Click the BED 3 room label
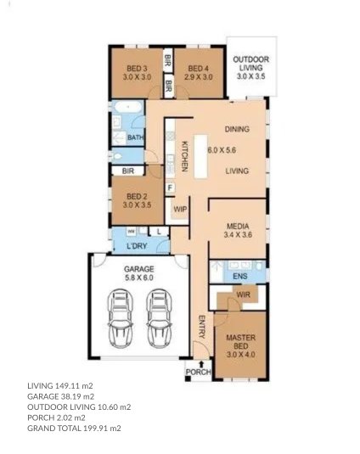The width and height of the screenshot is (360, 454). [137, 69]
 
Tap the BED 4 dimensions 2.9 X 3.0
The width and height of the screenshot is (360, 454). [199, 77]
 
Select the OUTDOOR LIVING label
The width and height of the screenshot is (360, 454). [251, 64]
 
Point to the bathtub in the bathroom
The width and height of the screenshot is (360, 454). [128, 108]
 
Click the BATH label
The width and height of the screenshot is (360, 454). [136, 137]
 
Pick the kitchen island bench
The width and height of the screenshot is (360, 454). [200, 156]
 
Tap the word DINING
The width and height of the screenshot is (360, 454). [237, 129]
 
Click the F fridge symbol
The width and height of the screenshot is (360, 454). [170, 188]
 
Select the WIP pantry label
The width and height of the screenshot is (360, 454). [180, 209]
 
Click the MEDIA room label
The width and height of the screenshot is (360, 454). [238, 226]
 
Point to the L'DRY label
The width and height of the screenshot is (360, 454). [137, 246]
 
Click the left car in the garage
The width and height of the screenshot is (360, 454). [121, 318]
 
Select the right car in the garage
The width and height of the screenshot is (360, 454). [159, 318]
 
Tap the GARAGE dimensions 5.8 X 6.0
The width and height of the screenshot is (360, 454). [139, 277]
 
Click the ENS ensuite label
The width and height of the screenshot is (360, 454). [240, 277]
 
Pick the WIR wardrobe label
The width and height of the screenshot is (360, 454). [243, 294]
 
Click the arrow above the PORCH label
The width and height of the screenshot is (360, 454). [201, 364]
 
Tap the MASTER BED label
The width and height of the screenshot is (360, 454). [240, 342]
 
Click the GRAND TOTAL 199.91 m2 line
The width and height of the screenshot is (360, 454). [74, 429]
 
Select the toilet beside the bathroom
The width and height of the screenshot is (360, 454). [117, 157]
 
